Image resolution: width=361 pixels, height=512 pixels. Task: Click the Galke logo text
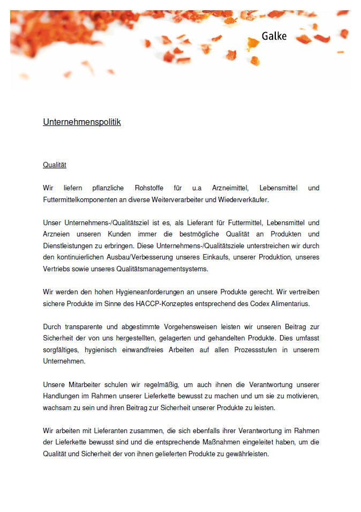click(274, 36)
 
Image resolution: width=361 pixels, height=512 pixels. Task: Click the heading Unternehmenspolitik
click(82, 122)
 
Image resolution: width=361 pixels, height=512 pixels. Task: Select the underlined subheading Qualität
click(55, 165)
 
